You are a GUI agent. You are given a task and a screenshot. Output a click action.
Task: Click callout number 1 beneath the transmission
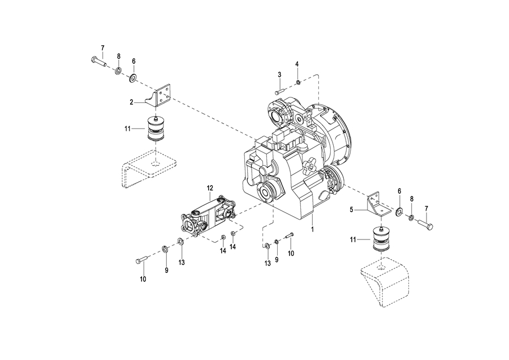[x=312, y=229]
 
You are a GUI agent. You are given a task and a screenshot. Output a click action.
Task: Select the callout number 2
[x=131, y=102]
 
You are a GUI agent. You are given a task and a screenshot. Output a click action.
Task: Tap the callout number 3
[x=279, y=75]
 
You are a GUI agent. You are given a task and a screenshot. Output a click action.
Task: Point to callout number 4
[x=297, y=64]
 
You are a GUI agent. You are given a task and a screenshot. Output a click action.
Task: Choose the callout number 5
[x=351, y=210]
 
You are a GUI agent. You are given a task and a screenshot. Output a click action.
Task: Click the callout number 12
[x=210, y=188]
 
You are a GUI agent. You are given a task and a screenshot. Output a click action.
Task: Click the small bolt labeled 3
[x=279, y=91]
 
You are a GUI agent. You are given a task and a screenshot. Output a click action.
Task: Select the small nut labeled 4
[x=298, y=82]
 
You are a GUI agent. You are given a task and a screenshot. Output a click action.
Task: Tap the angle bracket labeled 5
[x=379, y=205]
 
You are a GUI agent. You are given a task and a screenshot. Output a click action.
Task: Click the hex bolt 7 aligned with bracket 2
[x=98, y=61]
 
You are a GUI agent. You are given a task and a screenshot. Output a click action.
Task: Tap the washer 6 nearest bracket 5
[x=398, y=212]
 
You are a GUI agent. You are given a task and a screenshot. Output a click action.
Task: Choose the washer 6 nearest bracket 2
[x=133, y=78]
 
